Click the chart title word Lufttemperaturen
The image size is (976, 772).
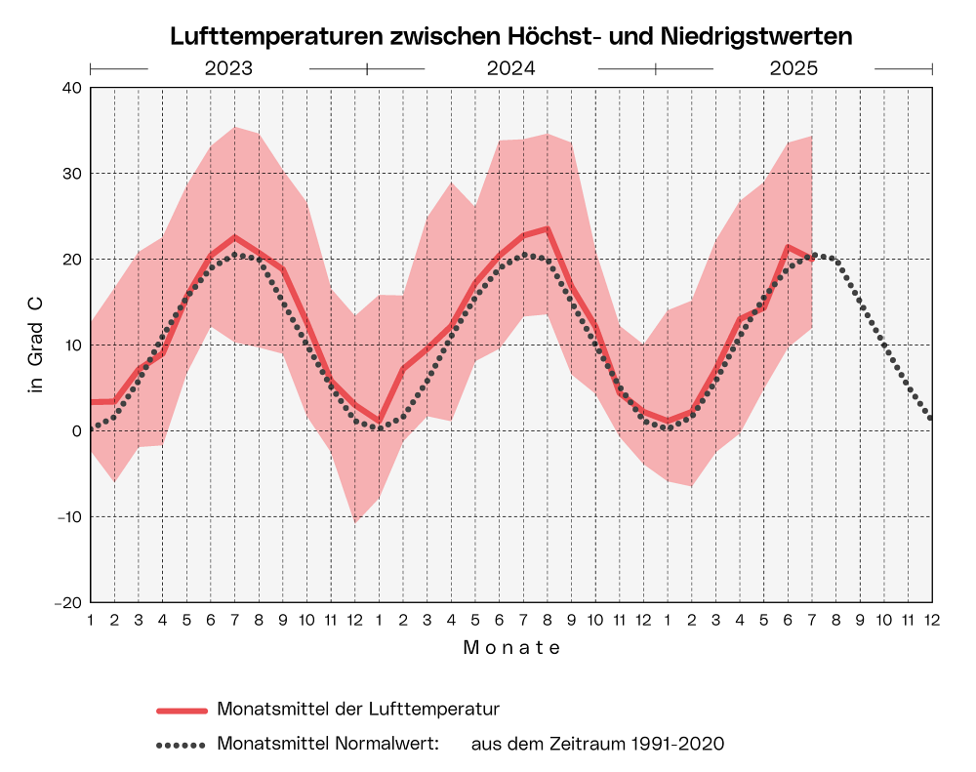277,36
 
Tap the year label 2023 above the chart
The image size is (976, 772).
228,69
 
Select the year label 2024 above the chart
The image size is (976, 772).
510,69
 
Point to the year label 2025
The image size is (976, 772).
793,69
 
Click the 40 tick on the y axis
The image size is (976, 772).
71,88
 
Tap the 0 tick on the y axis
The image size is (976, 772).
77,431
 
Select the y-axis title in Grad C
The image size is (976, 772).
37,344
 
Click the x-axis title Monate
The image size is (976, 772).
511,647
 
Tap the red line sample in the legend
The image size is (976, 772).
182,710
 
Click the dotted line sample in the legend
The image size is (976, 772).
182,745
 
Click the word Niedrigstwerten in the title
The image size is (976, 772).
758,36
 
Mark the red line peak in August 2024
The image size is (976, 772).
548,228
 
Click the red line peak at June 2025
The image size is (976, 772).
788,246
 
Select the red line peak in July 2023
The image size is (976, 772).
234,236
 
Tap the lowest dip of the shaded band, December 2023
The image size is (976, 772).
354,522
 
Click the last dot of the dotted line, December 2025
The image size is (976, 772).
931,418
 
